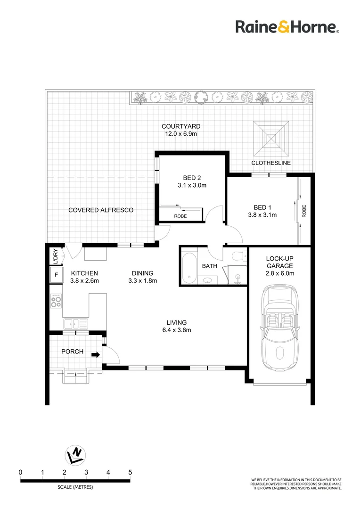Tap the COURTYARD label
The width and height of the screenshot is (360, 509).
[x=181, y=126]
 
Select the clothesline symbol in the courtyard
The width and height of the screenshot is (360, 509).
[x=271, y=138]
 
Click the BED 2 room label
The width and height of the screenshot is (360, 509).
[x=192, y=178]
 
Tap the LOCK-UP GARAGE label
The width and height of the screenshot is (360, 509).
[x=280, y=262]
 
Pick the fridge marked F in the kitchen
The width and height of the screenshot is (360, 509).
[x=57, y=274]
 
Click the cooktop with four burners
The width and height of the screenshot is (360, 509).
[x=57, y=301]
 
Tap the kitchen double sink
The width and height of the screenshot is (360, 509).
[x=75, y=324]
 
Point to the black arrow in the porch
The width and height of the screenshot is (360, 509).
[x=96, y=355]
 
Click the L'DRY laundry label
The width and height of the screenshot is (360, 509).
[x=55, y=256]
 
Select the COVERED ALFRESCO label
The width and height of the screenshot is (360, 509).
[x=101, y=210]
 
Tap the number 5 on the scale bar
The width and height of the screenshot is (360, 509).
[x=130, y=472]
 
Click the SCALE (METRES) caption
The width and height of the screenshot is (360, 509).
[x=75, y=487]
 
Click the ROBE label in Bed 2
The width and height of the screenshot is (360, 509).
[x=180, y=216]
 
